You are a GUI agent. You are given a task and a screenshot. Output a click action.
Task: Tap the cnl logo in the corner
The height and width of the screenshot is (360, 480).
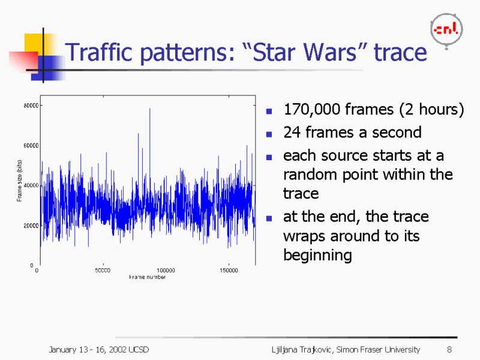tap(447, 29)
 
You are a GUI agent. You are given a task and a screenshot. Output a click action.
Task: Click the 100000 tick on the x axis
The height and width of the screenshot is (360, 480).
tap(166, 271)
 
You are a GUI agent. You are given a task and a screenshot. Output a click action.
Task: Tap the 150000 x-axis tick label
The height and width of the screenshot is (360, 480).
tap(229, 271)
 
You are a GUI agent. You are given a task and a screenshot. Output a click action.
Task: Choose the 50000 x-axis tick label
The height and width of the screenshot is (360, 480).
tap(103, 271)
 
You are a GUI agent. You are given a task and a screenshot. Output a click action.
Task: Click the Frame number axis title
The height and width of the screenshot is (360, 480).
tap(147, 277)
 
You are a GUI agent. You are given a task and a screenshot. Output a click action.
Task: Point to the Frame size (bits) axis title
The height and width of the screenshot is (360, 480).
tap(20, 180)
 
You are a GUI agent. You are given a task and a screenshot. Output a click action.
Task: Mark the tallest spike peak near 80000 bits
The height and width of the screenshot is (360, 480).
tap(149, 109)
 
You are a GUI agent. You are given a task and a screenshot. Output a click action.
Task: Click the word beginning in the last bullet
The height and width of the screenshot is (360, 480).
tap(317, 255)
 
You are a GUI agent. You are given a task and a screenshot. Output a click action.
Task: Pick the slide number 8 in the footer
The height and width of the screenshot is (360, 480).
tap(449, 350)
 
